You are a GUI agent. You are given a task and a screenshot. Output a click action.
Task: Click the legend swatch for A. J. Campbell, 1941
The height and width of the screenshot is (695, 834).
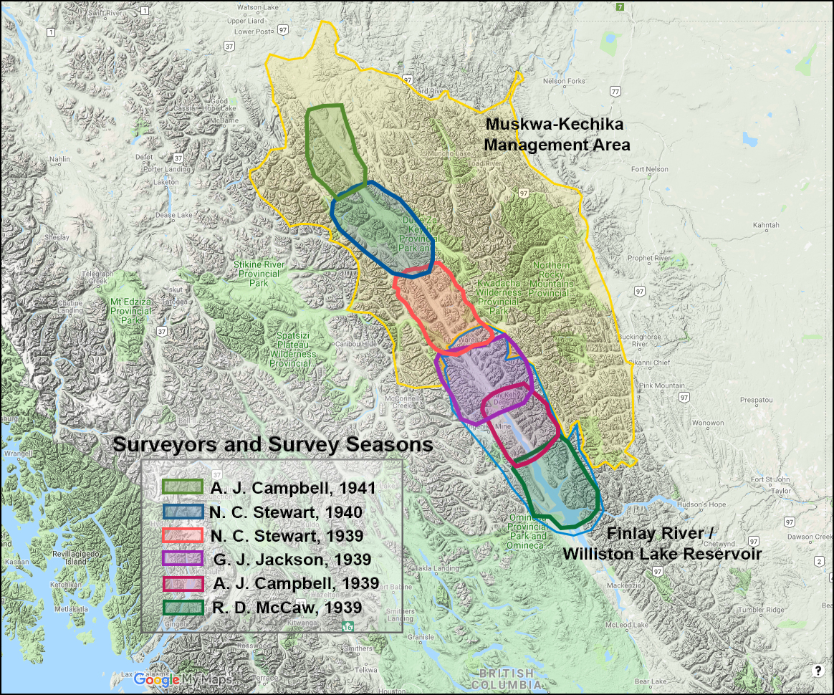coord(183,487)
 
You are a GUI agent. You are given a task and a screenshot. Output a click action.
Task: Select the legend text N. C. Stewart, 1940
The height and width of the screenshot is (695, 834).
coord(287,512)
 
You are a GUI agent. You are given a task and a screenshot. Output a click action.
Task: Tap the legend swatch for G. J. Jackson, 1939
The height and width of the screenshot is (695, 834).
coord(183,559)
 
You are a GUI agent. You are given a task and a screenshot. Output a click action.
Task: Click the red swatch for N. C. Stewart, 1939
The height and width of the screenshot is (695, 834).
coord(183,535)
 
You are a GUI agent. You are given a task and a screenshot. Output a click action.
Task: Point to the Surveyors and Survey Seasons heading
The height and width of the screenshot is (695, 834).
coord(273,444)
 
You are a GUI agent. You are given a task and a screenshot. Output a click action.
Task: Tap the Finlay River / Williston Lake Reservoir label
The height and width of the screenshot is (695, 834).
coord(661,543)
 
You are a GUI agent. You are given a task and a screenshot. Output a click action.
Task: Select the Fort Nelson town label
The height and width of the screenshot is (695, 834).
coord(650,170)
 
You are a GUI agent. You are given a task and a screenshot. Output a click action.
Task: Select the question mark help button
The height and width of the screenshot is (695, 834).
coord(818,671)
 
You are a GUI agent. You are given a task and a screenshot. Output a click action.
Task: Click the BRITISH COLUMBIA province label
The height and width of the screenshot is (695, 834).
coord(507,679)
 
